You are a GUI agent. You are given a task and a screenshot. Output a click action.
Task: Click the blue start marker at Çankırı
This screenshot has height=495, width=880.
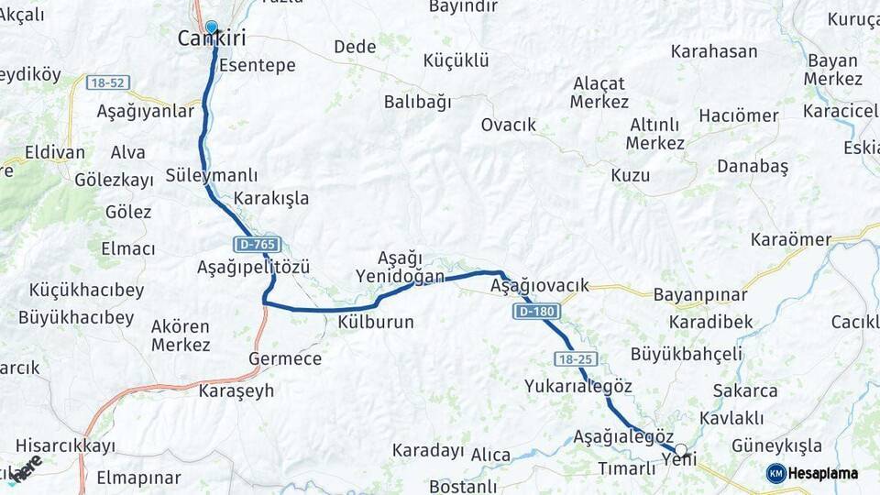click(212, 27)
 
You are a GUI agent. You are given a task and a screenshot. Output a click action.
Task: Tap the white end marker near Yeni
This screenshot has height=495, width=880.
click(680, 451)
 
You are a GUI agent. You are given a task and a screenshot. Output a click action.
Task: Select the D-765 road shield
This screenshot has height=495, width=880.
click(257, 245)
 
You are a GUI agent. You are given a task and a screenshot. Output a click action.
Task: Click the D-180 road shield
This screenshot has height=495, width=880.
click(535, 313)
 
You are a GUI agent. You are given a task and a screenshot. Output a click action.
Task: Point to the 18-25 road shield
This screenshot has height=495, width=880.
click(576, 357)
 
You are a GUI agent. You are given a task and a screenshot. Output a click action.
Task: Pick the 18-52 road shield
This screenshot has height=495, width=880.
click(108, 82)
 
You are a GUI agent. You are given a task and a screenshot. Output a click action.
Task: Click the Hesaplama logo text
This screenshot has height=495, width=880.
click(822, 473)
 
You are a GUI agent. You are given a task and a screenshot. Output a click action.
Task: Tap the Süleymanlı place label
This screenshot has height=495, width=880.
click(212, 175)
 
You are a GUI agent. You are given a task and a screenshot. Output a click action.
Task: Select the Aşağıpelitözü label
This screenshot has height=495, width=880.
click(253, 267)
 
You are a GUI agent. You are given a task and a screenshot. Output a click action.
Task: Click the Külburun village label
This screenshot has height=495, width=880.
click(376, 322)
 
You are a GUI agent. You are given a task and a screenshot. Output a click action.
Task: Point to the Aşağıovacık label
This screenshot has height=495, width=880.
click(539, 286)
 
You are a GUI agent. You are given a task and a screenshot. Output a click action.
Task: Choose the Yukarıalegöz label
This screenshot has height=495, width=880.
click(578, 386)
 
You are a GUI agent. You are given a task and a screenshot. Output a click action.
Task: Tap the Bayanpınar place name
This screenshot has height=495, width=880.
click(699, 296)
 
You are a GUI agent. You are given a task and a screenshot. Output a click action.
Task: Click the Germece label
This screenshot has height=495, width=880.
click(285, 358)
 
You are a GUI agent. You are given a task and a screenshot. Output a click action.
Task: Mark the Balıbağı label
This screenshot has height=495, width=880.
click(417, 102)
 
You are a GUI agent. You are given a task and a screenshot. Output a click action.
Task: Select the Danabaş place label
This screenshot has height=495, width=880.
click(752, 166)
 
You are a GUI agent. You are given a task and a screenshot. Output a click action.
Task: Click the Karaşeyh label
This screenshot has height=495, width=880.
click(236, 390)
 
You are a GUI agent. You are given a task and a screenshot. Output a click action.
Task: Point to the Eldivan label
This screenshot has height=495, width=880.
click(55, 152)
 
